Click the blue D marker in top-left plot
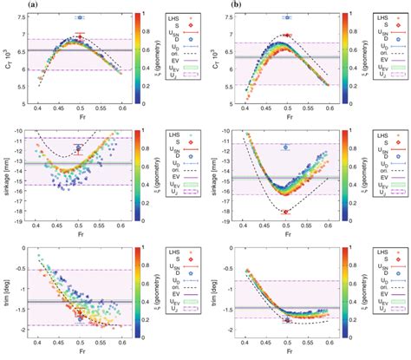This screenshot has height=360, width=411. pos(79,17)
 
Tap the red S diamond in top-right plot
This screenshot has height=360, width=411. pos(287,36)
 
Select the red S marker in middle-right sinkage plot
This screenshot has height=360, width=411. pos(287,211)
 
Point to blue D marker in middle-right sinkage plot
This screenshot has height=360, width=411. pos(287,147)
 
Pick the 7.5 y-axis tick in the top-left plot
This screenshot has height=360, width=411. pos(27,16)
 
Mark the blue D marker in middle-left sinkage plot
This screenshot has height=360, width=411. pos(79,147)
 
